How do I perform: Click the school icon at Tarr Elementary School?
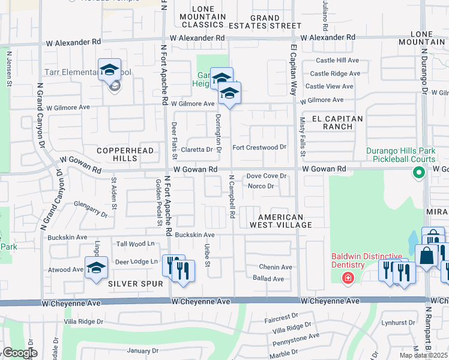[x=109, y=70]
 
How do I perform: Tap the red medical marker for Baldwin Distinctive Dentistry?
[x=347, y=278]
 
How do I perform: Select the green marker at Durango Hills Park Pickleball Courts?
[x=418, y=173]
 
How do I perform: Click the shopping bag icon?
[x=426, y=256]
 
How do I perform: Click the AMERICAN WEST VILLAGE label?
[x=285, y=221]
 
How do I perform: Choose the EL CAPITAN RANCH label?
[x=334, y=122]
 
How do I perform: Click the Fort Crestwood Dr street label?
[x=259, y=147]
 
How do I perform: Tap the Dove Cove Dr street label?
[x=267, y=176]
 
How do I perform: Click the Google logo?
[x=19, y=353]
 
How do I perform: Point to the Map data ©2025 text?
[x=424, y=355]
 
